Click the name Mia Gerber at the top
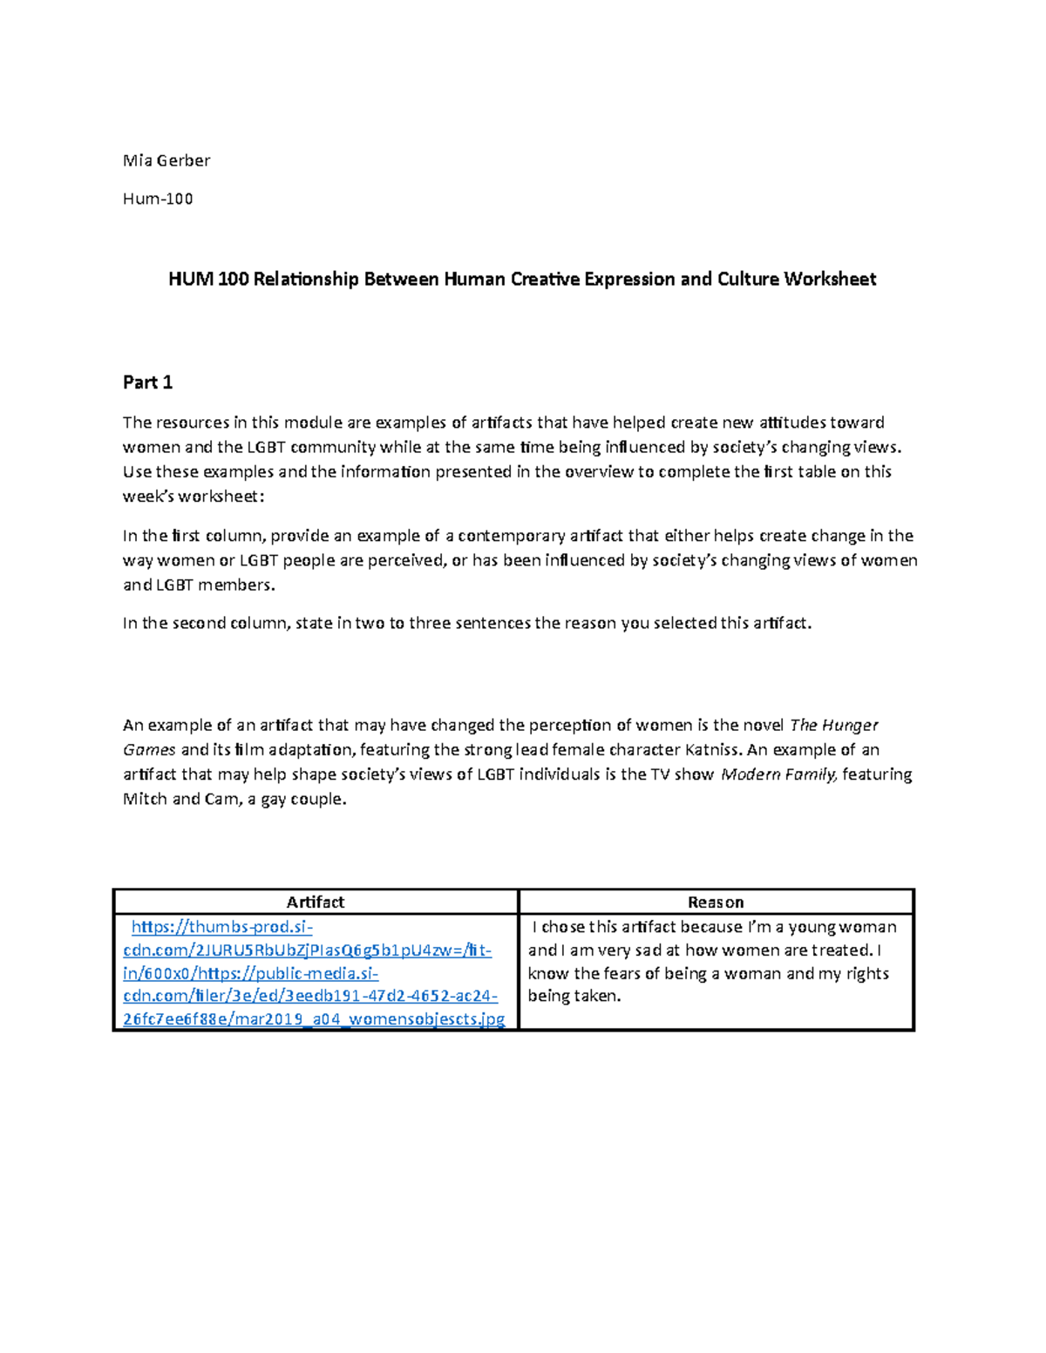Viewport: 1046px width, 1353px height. [x=166, y=160]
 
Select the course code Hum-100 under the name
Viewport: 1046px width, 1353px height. [x=158, y=199]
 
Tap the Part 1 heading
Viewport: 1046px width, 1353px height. [x=147, y=382]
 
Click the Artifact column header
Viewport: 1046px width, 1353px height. [x=316, y=903]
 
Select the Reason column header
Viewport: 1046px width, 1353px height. [x=716, y=903]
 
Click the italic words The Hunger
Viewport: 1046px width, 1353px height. [x=833, y=726]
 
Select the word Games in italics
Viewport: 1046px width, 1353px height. [x=149, y=750]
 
